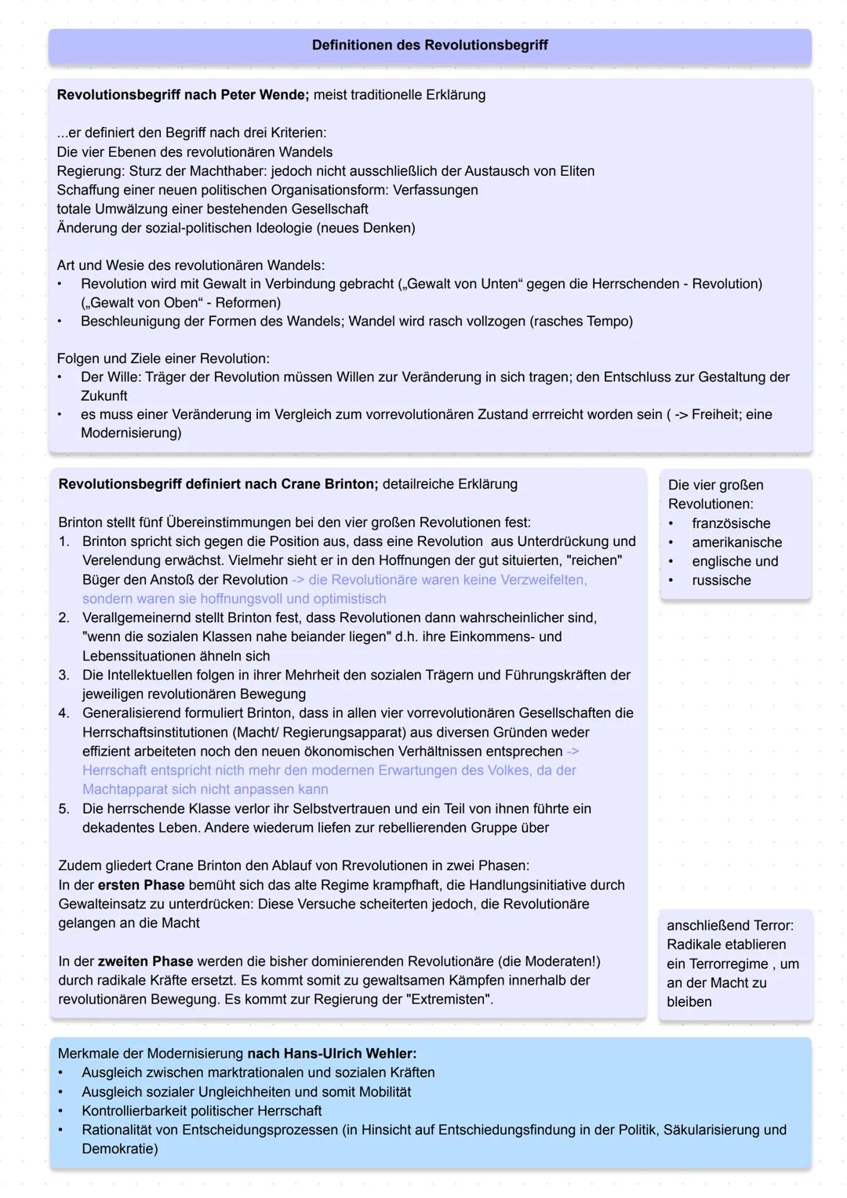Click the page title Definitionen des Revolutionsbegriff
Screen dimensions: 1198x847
(x=430, y=46)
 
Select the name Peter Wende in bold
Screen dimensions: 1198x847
(x=264, y=95)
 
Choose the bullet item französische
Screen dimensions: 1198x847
(x=731, y=523)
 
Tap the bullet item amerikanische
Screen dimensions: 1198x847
(x=736, y=542)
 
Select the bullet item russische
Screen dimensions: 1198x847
(x=721, y=581)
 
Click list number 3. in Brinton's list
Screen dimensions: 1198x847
(x=64, y=675)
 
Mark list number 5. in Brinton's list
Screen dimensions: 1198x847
(x=64, y=808)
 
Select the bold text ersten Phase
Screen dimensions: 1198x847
(x=141, y=885)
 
